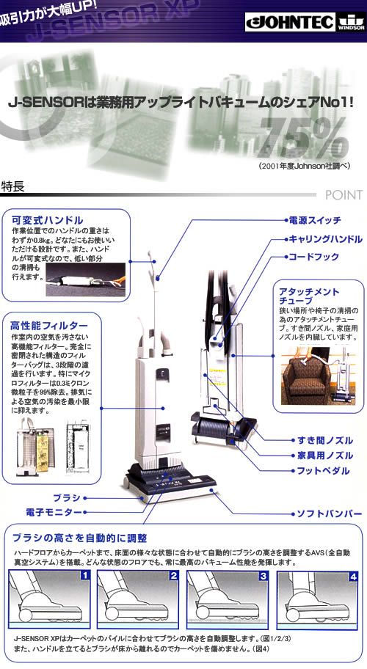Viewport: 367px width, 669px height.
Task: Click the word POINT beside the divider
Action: pos(342,194)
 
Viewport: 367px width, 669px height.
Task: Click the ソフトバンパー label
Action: pos(328,513)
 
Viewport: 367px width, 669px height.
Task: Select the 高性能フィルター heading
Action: pos(49,324)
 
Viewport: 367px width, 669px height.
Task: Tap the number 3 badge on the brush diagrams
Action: pos(264,576)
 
